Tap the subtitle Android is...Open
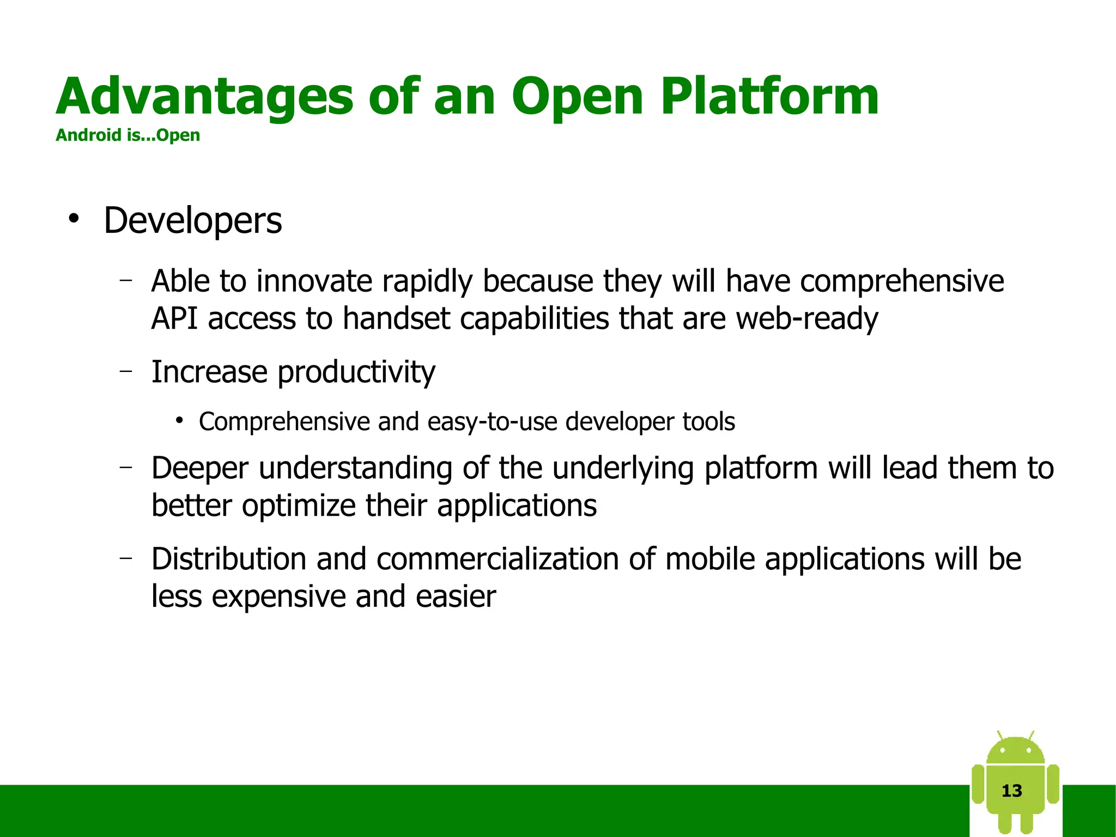(128, 135)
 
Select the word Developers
(192, 221)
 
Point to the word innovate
(314, 281)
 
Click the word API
(174, 318)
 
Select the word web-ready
(806, 318)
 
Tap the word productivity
(356, 372)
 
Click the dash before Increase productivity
(126, 371)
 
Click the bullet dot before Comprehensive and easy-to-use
(179, 421)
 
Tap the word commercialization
(497, 559)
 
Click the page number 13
(1012, 791)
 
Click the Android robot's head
(1015, 751)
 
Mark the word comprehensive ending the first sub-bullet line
(902, 281)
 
